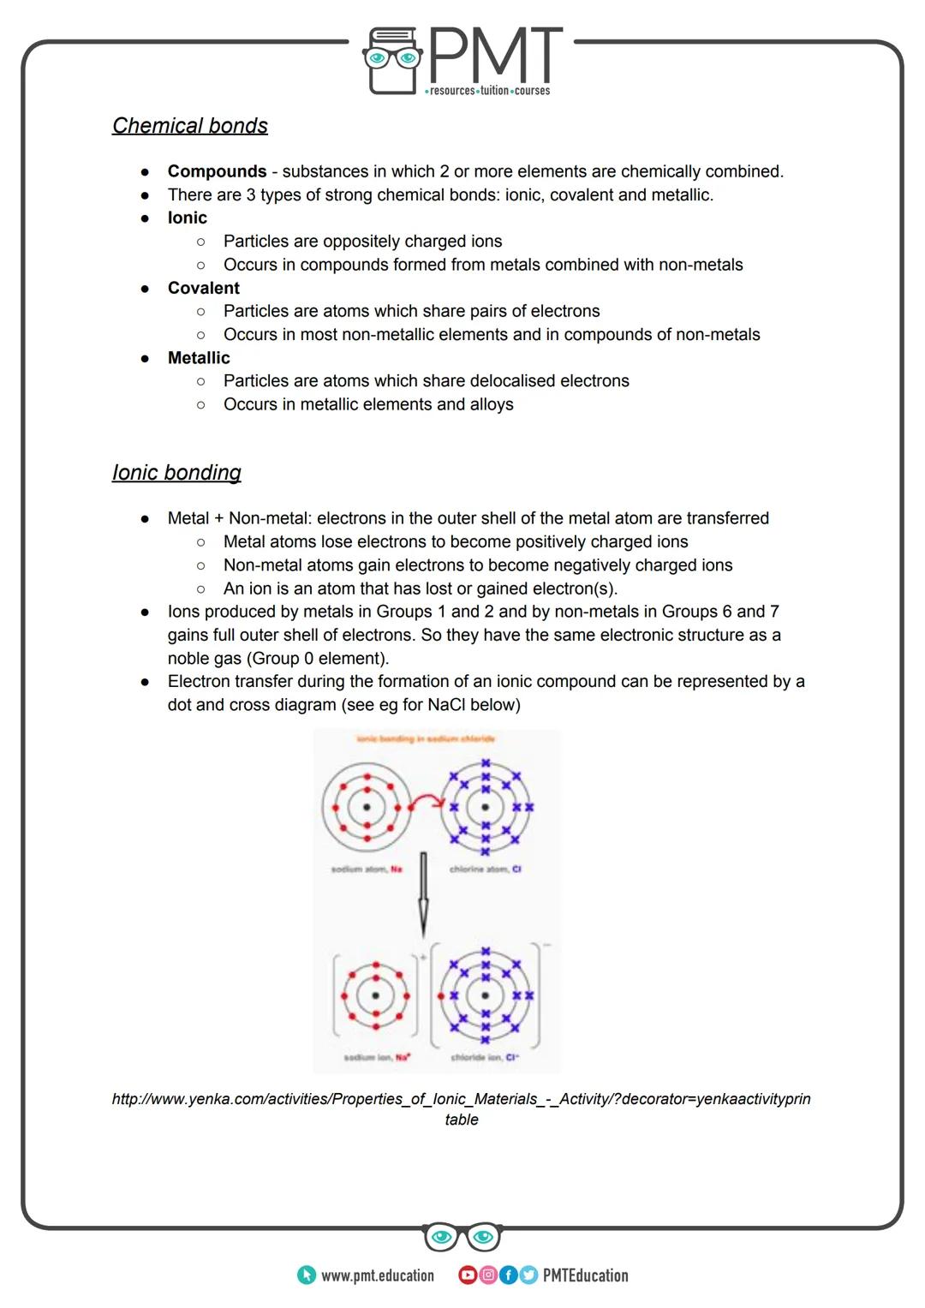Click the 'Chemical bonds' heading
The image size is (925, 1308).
click(189, 126)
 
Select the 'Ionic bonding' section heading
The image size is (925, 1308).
click(176, 473)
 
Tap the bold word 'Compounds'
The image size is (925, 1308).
click(217, 171)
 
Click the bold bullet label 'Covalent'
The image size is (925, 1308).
click(203, 288)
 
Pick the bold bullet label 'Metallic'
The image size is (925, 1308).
click(199, 358)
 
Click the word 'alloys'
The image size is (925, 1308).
click(491, 404)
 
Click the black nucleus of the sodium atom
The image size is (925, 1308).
click(367, 807)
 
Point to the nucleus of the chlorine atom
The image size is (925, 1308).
click(485, 807)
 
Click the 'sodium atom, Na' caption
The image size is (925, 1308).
click(367, 869)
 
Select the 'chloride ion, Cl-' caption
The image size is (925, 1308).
click(485, 1057)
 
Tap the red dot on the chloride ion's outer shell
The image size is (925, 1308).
click(440, 995)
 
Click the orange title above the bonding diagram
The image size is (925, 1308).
click(426, 738)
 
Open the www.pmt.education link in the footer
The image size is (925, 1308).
click(377, 1275)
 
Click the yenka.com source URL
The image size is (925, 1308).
click(461, 1099)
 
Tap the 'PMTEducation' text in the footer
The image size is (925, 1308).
click(585, 1275)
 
